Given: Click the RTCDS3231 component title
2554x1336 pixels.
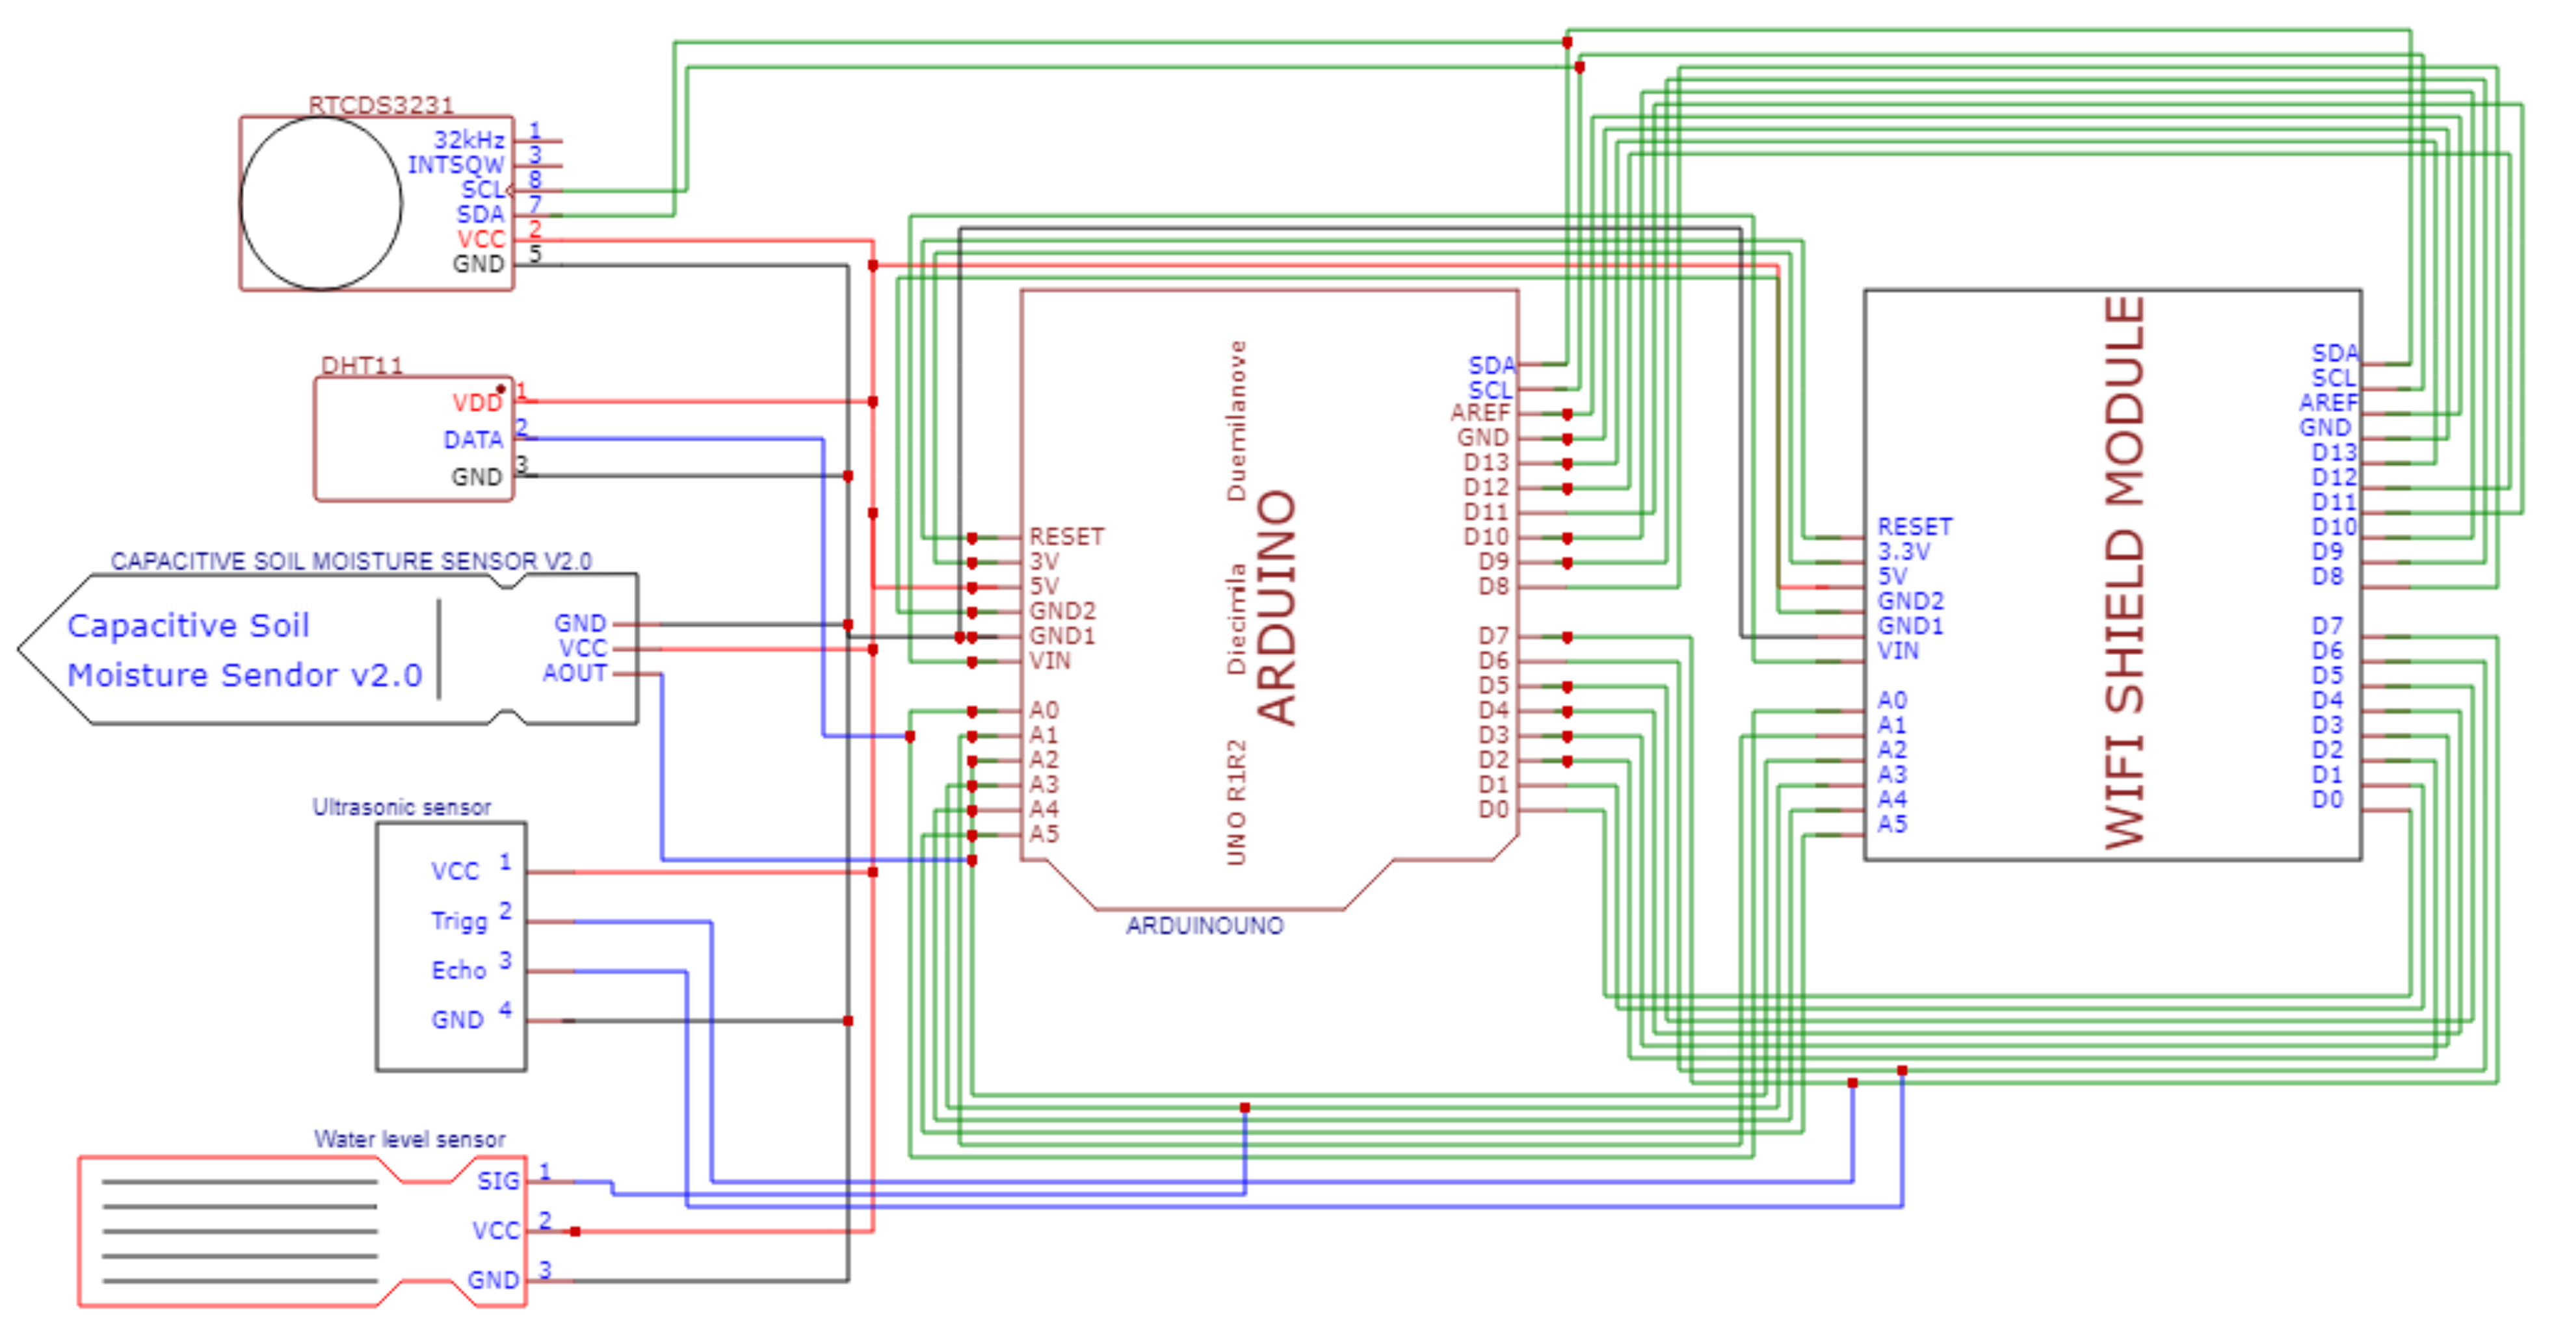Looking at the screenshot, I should (x=381, y=105).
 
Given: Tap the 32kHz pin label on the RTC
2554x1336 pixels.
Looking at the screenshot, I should (x=469, y=140).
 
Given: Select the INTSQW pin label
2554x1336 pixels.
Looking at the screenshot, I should (x=456, y=164).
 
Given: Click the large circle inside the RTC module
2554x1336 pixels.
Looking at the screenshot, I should (x=321, y=203).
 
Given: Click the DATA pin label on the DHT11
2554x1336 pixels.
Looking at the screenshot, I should (x=473, y=439).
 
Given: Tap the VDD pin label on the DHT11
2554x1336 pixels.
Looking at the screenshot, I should (x=477, y=402).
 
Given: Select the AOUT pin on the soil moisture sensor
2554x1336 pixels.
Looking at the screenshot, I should (x=574, y=673).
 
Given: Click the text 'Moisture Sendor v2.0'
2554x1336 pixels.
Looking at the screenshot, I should (x=244, y=675).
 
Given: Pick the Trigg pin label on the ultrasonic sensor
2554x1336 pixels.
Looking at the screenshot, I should (x=459, y=921).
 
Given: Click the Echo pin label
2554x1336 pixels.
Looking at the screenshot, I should (x=458, y=970).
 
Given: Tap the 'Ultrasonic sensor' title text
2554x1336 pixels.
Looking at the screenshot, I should (x=402, y=807).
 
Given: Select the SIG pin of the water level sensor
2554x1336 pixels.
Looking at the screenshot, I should (x=497, y=1181).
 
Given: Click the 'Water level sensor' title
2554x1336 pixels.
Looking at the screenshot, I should (x=410, y=1138).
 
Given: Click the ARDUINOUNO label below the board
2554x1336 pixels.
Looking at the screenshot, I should (x=1205, y=925).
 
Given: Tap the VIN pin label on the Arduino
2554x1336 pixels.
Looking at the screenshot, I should (x=1049, y=660).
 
